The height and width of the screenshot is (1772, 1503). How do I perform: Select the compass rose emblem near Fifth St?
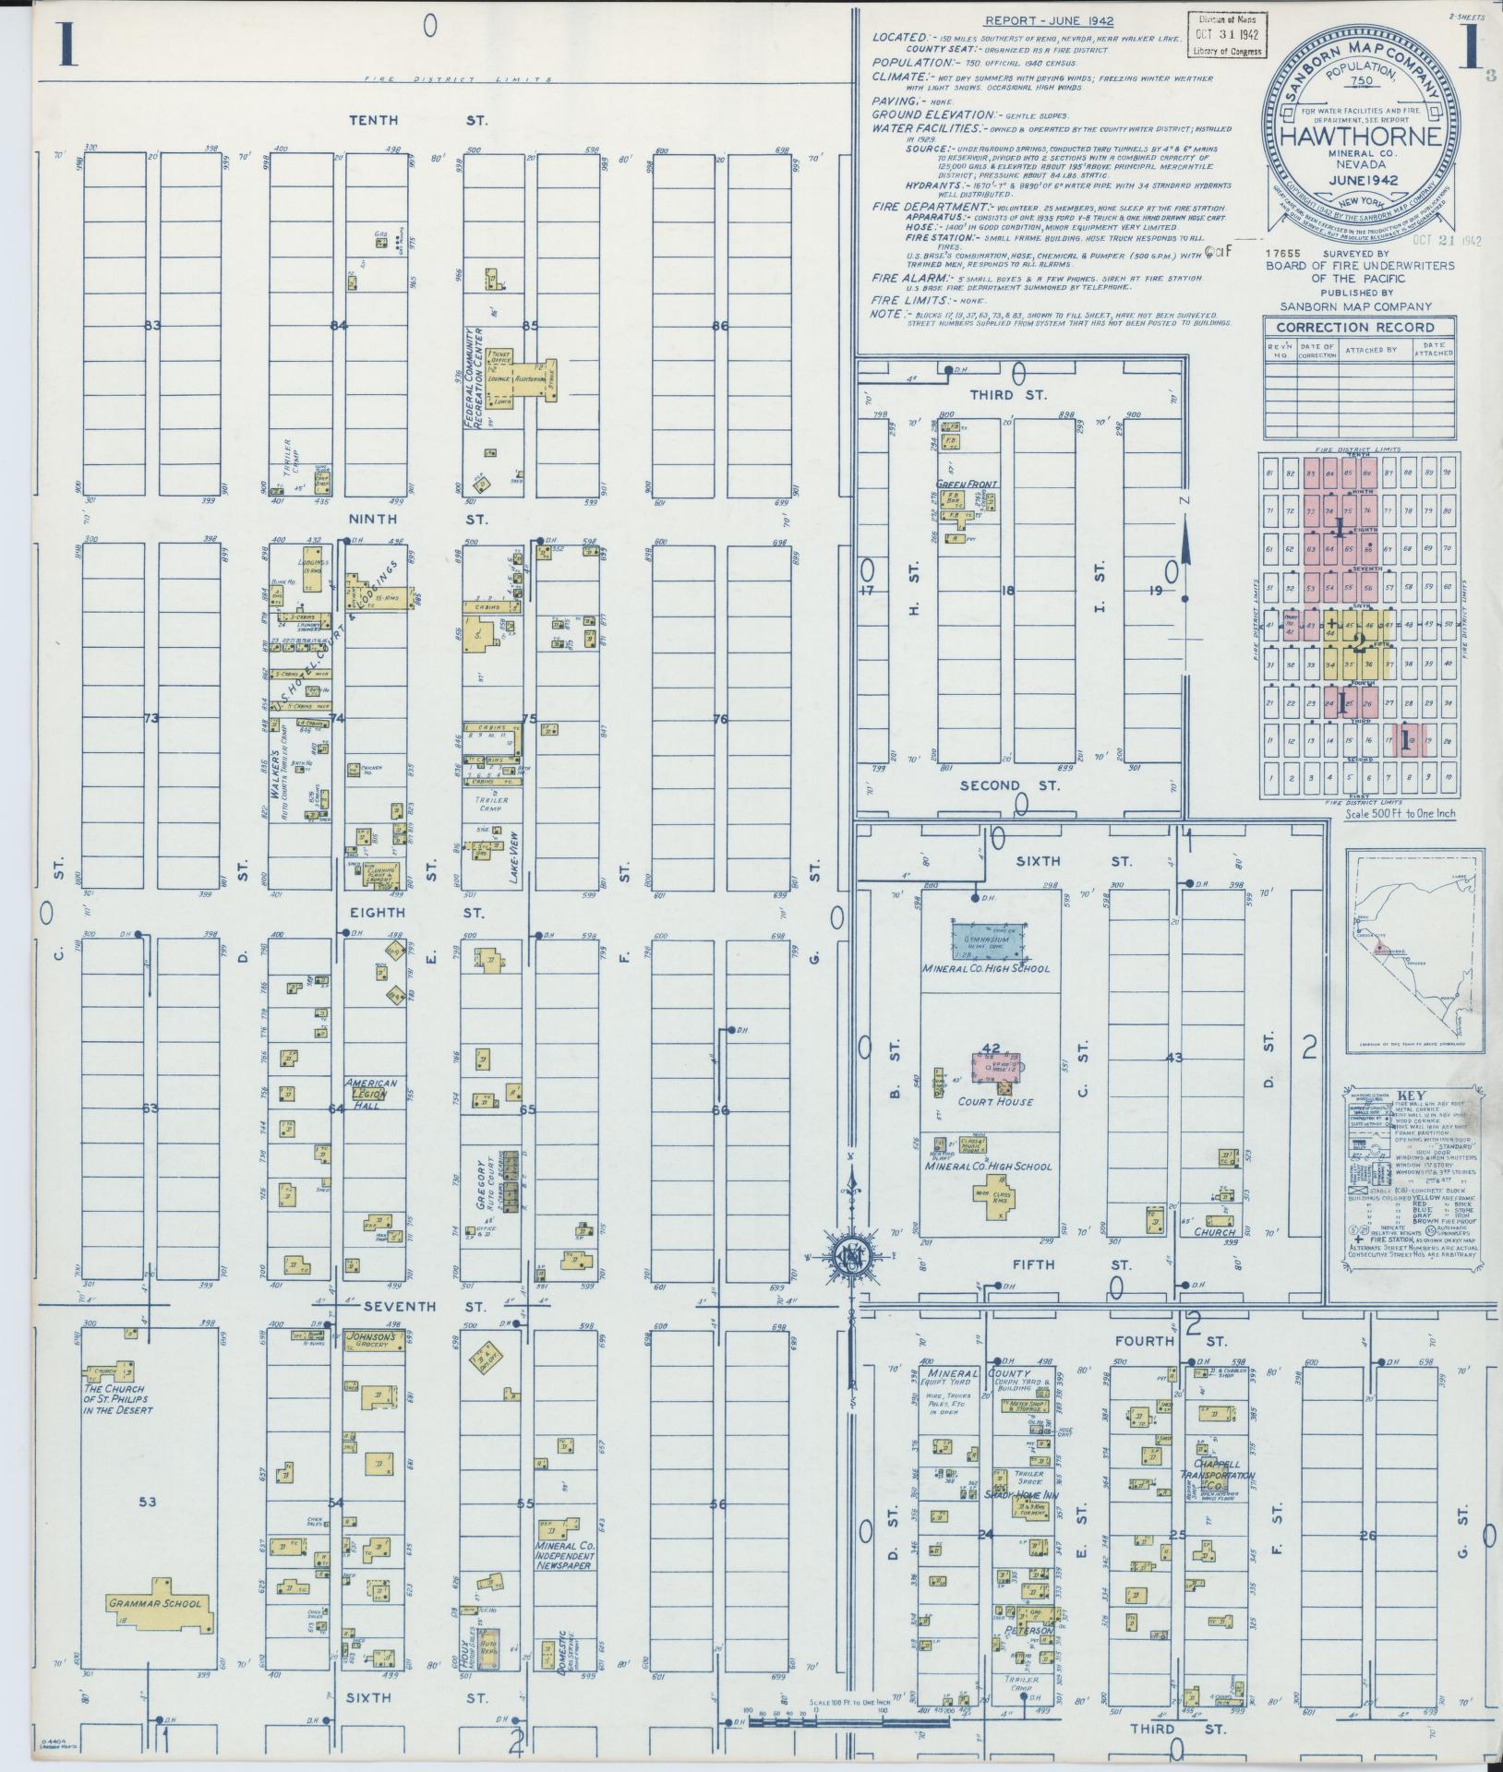coord(848,1257)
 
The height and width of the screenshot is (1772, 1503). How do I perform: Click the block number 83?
coord(153,325)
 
